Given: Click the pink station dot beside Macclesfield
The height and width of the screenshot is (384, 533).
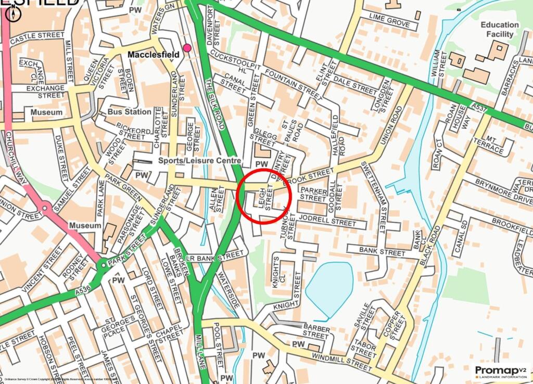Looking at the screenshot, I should click(x=187, y=48).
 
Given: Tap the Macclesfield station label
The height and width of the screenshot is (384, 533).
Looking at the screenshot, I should click(x=154, y=54).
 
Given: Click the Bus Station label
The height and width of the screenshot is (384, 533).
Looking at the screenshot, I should click(x=130, y=112).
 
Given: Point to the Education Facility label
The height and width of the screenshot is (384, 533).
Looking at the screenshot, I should click(x=500, y=29).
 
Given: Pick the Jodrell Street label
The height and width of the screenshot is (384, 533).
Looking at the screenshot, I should click(x=327, y=222).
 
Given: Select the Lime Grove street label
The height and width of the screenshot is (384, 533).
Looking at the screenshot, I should click(x=390, y=22).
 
